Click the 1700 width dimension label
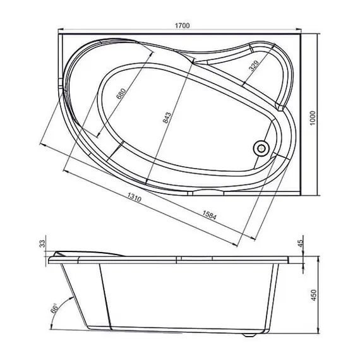(183, 25)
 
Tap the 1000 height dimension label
(313, 118)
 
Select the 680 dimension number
(121, 93)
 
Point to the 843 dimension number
(167, 117)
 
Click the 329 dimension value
(254, 66)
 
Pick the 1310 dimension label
(135, 197)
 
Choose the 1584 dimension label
(209, 215)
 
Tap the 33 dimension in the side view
(43, 244)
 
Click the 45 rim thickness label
(301, 243)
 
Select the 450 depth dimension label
(314, 295)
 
